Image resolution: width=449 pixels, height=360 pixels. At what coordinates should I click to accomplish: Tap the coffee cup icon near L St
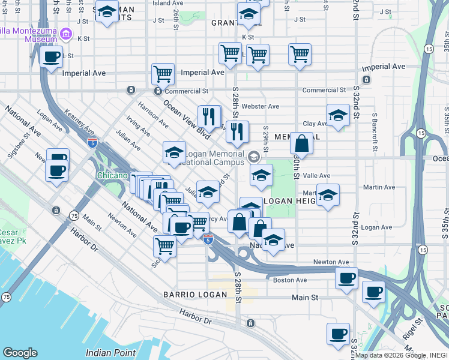click(x=52, y=57)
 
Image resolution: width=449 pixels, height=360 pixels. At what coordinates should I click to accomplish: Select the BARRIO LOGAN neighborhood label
click(x=195, y=295)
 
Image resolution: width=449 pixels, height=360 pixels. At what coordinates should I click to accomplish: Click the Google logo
click(x=20, y=353)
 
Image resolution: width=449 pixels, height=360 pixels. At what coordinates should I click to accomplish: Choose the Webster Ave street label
click(x=264, y=106)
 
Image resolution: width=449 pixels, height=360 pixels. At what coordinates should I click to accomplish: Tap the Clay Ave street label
click(x=315, y=124)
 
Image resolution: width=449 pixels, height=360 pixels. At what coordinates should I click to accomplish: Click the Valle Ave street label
click(x=316, y=176)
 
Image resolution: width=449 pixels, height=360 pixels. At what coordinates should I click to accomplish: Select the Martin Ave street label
click(x=379, y=187)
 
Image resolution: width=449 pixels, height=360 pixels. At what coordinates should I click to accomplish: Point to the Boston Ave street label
click(x=290, y=280)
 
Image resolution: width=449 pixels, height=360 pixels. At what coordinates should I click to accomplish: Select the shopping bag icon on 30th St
click(x=301, y=144)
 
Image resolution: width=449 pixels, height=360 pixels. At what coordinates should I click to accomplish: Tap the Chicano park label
click(x=112, y=176)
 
